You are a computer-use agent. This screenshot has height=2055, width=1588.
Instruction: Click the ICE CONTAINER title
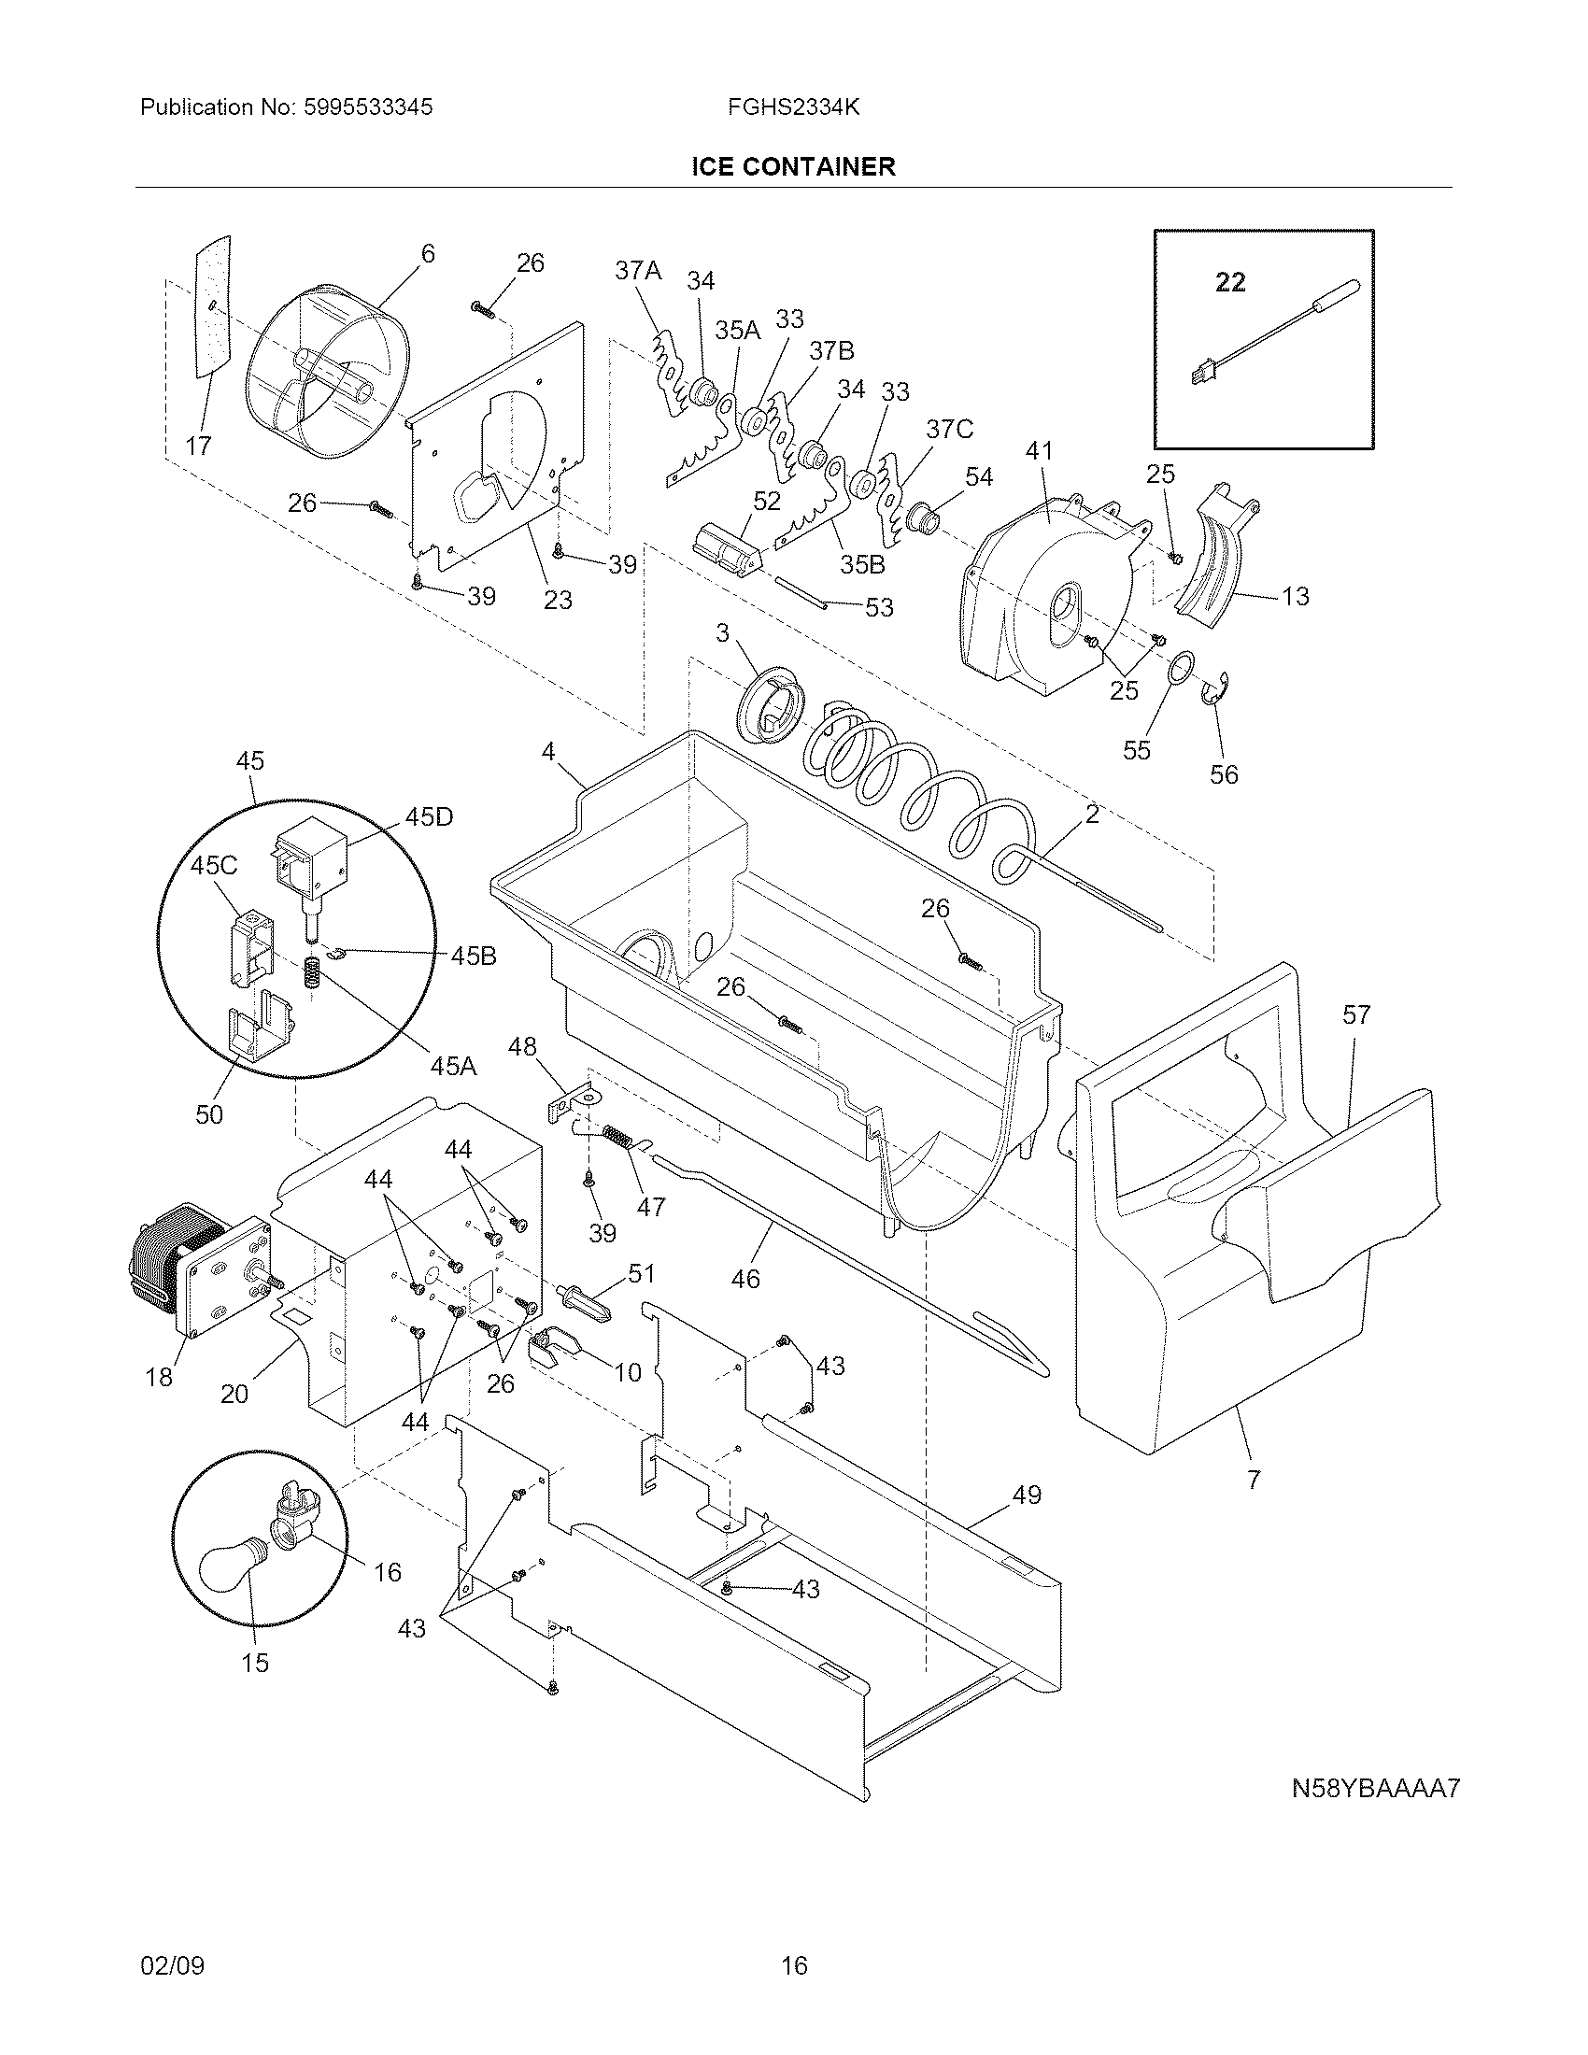tap(793, 166)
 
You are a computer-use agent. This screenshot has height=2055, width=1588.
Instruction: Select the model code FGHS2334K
tap(792, 107)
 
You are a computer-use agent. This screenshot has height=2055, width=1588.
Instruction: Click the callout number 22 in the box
tap(1230, 281)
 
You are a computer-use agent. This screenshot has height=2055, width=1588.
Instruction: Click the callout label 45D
tap(429, 816)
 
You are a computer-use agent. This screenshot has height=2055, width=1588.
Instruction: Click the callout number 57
tap(1356, 1014)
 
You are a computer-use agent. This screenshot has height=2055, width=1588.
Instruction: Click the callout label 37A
tap(638, 271)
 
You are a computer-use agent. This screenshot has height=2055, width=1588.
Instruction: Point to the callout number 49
tap(1027, 1495)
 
